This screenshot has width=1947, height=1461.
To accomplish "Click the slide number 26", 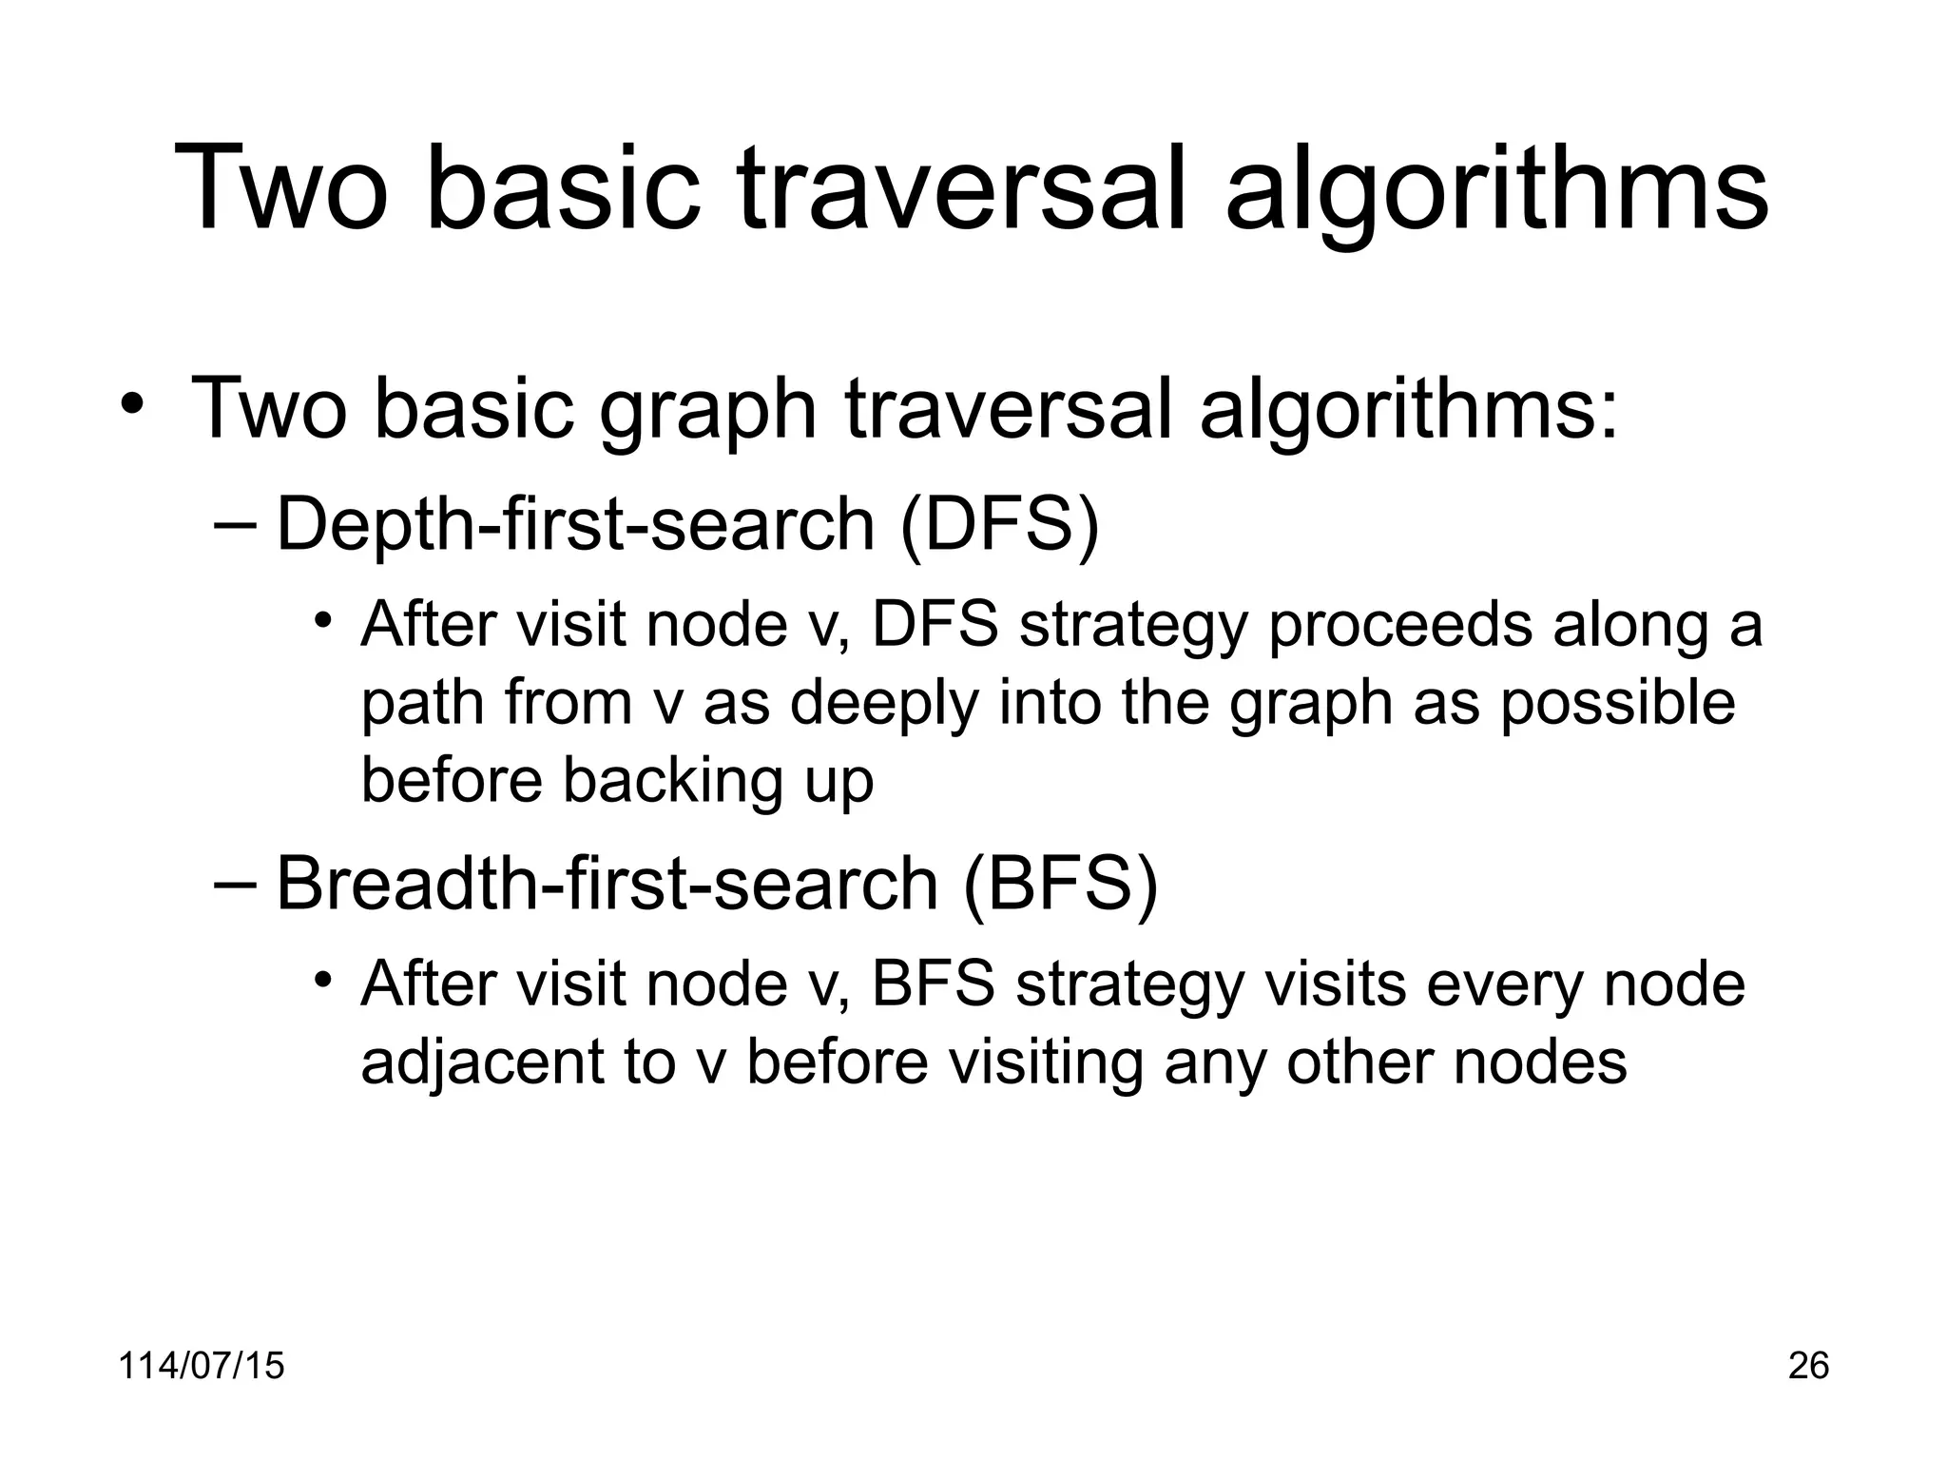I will point(1808,1366).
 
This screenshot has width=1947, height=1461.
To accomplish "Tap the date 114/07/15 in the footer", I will point(202,1366).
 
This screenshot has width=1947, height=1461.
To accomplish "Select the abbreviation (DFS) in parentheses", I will point(998,524).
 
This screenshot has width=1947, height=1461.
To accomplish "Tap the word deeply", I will point(885,704).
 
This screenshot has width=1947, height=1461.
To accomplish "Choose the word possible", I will point(1617,704).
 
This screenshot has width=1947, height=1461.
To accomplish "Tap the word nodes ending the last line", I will point(1540,1062).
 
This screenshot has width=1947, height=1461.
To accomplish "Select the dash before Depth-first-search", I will point(236,524).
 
